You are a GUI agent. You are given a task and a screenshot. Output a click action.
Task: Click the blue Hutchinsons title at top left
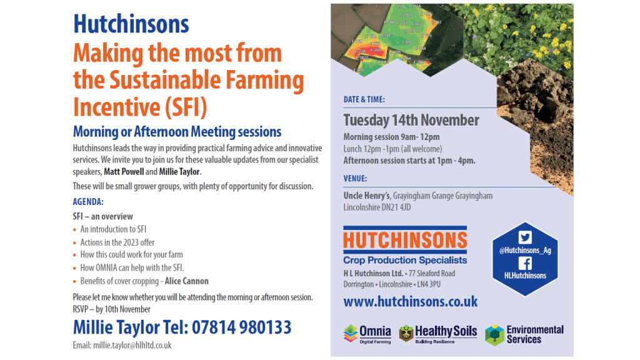pyautogui.click(x=131, y=24)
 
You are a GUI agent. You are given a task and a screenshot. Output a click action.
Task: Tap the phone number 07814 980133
pyautogui.click(x=242, y=327)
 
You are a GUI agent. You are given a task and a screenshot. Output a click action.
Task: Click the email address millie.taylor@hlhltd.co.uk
pyautogui.click(x=132, y=345)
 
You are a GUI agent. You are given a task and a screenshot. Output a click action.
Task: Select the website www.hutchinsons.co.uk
pyautogui.click(x=410, y=302)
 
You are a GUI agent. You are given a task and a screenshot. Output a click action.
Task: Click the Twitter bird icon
pyautogui.click(x=525, y=237)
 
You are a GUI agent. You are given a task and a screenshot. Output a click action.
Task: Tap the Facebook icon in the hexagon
pyautogui.click(x=525, y=263)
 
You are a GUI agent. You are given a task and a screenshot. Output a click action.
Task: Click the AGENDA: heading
pyautogui.click(x=88, y=202)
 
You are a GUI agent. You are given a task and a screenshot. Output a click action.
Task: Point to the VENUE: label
pyautogui.click(x=355, y=178)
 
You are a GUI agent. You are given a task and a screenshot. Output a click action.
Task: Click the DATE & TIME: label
pyautogui.click(x=364, y=99)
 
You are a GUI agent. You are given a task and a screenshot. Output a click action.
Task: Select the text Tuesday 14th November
pyautogui.click(x=411, y=121)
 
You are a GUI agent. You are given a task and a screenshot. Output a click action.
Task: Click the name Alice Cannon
pyautogui.click(x=186, y=281)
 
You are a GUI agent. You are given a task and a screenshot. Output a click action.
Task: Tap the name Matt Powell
pyautogui.click(x=124, y=171)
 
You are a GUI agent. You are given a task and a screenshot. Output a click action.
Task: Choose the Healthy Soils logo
pyautogui.click(x=438, y=334)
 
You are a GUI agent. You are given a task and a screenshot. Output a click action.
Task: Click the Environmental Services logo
pyautogui.click(x=524, y=335)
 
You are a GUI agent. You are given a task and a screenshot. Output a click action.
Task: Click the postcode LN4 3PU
pyautogui.click(x=429, y=284)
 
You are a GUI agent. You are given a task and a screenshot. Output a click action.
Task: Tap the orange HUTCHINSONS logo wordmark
pyautogui.click(x=405, y=241)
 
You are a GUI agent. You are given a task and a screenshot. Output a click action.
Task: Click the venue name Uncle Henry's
pyautogui.click(x=367, y=196)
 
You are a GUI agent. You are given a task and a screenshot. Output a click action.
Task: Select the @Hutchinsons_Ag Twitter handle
pyautogui.click(x=525, y=251)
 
